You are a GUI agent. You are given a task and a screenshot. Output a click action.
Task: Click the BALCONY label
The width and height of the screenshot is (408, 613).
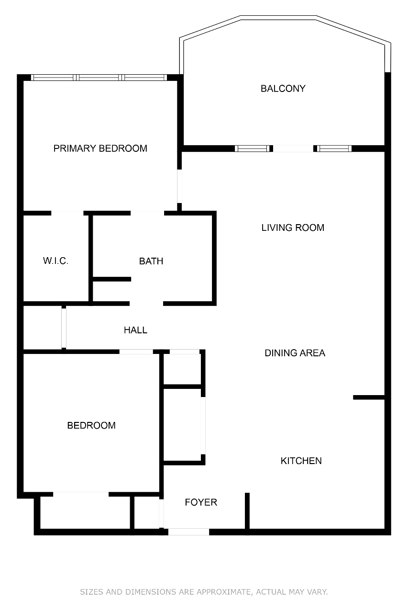coord(283,89)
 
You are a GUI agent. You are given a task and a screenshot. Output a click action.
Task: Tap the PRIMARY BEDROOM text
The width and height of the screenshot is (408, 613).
coord(100,148)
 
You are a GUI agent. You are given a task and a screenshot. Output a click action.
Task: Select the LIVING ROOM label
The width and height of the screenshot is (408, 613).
coord(293,227)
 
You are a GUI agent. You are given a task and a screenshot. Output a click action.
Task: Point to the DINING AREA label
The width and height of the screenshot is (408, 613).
coord(295,353)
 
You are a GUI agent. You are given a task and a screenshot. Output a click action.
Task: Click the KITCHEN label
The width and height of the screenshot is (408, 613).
coord(301,461)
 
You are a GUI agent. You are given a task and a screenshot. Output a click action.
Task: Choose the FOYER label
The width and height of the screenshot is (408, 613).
coord(201,502)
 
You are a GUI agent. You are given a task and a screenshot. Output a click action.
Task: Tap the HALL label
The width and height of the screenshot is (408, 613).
coord(135,330)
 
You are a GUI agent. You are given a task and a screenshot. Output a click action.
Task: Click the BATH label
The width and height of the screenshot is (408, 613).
coord(151,261)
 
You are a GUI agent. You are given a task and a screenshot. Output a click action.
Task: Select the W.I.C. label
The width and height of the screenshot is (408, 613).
coord(55,261)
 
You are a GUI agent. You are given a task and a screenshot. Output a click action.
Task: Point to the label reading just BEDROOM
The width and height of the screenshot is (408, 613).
coord(91,425)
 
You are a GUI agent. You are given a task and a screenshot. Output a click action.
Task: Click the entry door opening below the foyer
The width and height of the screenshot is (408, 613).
coord(188,532)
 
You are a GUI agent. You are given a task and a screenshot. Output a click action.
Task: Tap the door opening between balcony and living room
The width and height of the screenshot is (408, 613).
coord(293,148)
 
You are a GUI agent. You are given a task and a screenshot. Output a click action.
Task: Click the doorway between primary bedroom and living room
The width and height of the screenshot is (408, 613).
coord(179,186)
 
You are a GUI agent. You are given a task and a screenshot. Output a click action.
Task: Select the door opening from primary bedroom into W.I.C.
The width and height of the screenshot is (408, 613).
coord(67,213)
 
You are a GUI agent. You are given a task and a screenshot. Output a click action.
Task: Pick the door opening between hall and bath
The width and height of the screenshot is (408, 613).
coord(146,304)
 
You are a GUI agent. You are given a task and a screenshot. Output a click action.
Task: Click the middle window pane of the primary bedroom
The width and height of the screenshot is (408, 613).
coord(99,78)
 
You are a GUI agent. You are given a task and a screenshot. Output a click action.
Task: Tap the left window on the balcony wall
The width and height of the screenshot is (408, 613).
coord(252,148)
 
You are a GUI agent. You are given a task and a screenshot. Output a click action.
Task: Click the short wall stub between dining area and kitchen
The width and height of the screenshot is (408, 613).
coord(369,397)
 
